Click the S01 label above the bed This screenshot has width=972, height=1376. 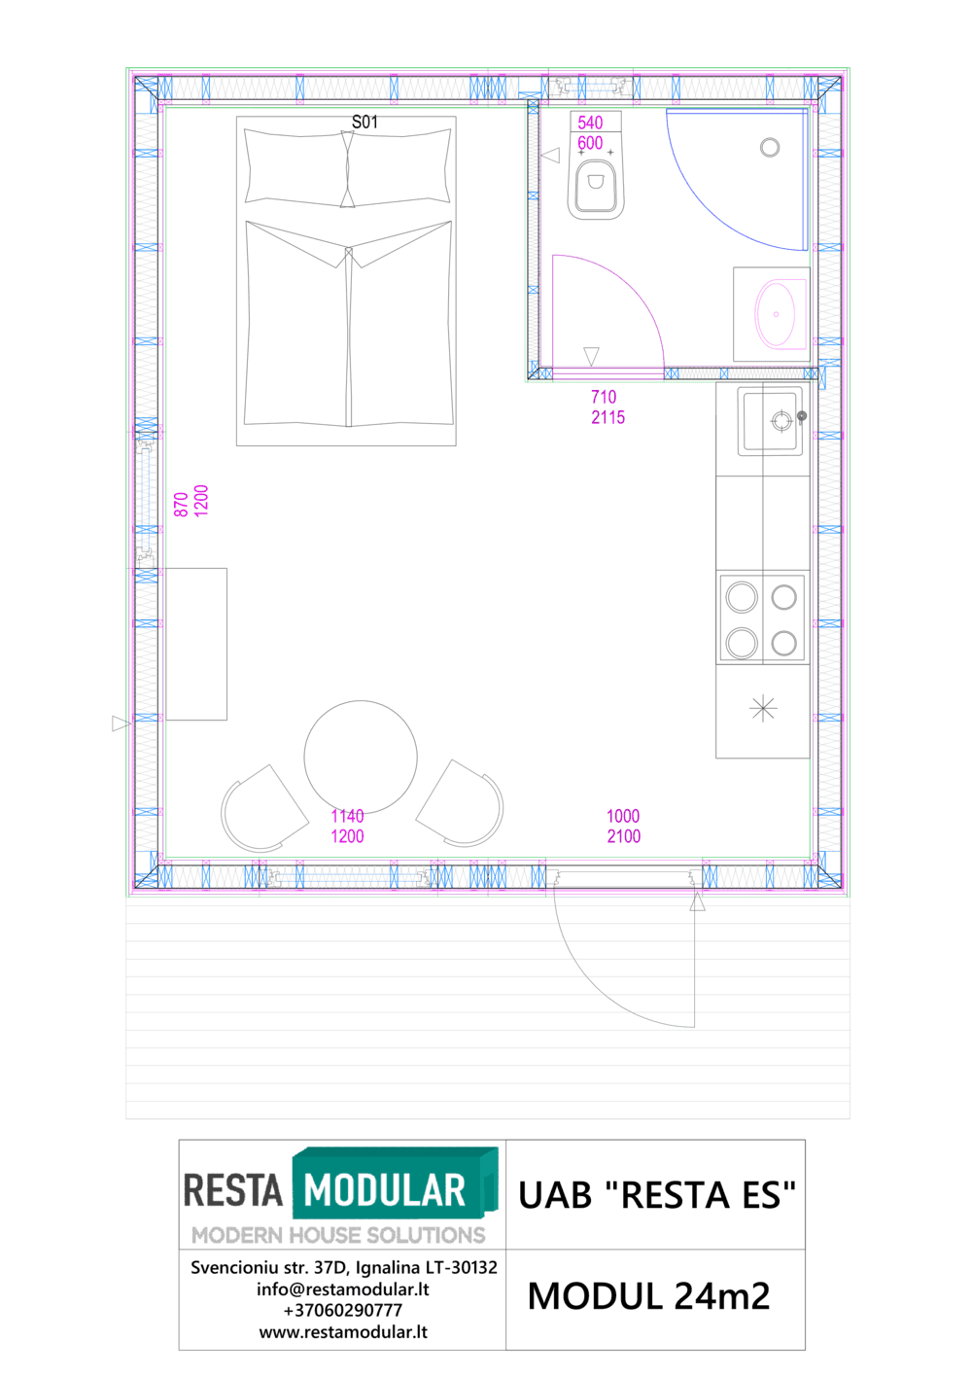click(364, 123)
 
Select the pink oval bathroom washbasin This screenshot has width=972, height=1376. click(775, 314)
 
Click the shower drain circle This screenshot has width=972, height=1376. click(770, 148)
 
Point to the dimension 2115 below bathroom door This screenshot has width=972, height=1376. click(607, 418)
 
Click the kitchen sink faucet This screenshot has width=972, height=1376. click(801, 417)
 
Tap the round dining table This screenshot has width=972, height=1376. click(361, 757)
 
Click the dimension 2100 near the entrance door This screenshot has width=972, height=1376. click(623, 836)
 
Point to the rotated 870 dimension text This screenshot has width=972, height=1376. click(181, 505)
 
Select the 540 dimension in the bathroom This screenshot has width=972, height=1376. click(590, 123)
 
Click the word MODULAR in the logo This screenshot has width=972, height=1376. click(384, 1190)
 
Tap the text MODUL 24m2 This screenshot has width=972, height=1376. click(648, 1295)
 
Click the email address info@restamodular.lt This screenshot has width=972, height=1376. click(342, 1288)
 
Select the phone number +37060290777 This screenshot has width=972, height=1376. click(342, 1310)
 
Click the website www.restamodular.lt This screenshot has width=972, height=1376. click(342, 1332)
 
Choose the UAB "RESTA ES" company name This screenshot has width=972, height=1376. click(656, 1195)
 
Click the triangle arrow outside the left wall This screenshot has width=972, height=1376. click(121, 723)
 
